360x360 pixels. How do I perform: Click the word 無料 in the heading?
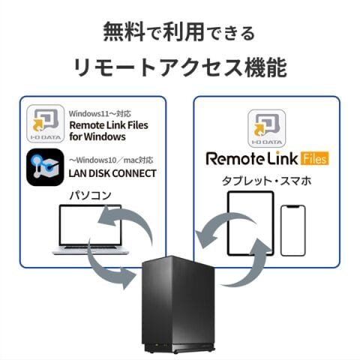(124, 31)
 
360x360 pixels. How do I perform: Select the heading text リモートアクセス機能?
(180, 67)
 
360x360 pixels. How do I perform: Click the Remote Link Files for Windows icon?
(46, 124)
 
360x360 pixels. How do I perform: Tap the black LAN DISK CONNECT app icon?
(45, 167)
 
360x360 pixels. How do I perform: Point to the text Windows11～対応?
(100, 114)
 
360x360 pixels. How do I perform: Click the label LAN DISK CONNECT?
(112, 173)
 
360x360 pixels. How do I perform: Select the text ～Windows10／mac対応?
(111, 160)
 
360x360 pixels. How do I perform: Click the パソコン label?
(90, 195)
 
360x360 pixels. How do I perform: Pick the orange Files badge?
(315, 158)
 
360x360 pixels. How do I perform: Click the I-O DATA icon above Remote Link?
(267, 128)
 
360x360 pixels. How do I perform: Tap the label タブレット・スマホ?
(267, 181)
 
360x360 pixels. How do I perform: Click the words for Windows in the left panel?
(97, 136)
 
